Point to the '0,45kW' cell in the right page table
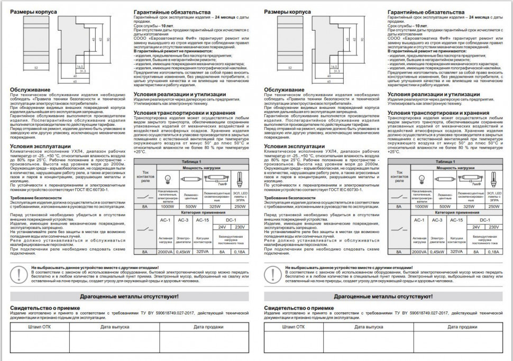(x=437, y=252)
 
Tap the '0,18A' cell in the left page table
(x=240, y=252)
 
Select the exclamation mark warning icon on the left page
(x=20, y=274)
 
